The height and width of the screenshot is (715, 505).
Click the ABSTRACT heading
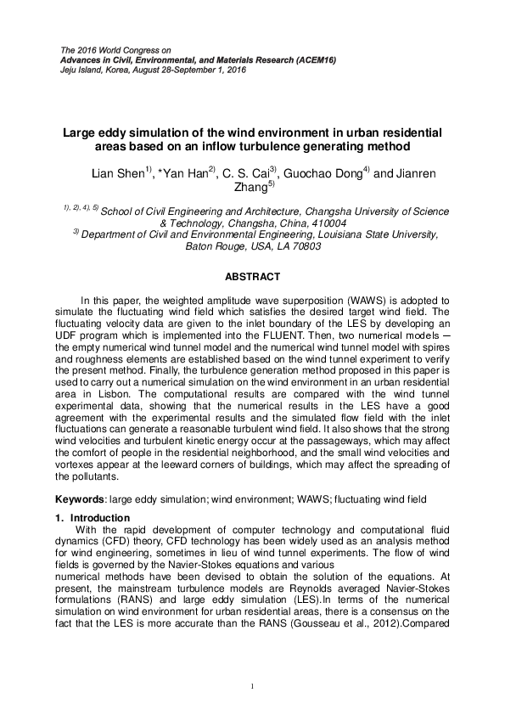(x=252, y=277)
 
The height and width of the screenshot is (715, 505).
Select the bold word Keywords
(x=84, y=498)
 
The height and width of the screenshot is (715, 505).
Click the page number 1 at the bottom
(x=252, y=685)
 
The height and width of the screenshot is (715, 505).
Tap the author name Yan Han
(x=188, y=174)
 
